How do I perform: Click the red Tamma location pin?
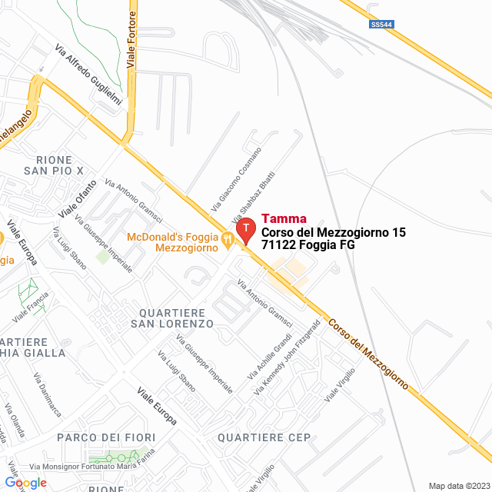tap(245, 230)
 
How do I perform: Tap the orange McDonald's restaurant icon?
tap(228, 240)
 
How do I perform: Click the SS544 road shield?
tap(381, 25)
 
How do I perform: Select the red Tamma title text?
tap(284, 218)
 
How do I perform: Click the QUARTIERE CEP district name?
tap(264, 437)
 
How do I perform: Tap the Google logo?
tap(25, 483)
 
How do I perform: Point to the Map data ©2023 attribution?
tap(458, 486)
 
